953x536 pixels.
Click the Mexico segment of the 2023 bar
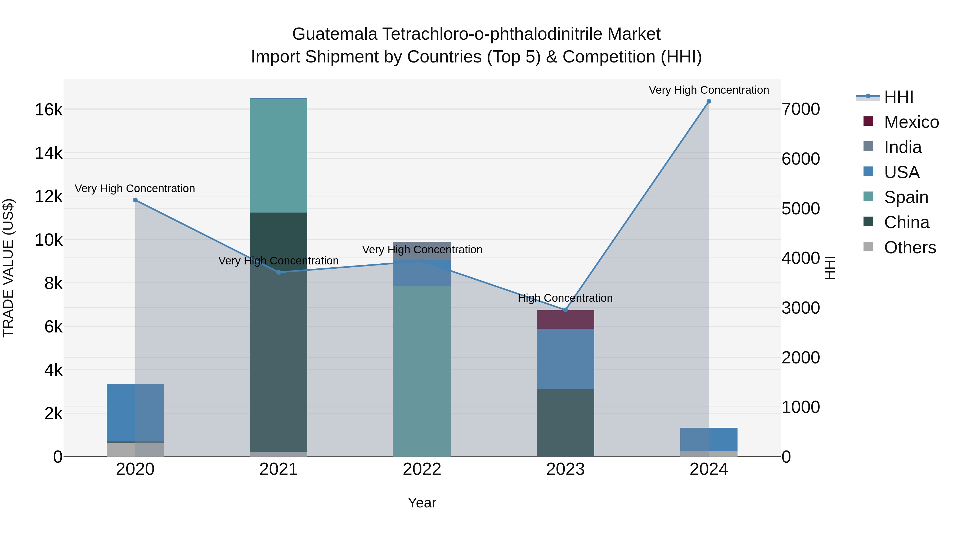coord(565,319)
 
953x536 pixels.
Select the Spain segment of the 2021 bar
coord(278,156)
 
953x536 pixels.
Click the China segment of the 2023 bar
coord(565,422)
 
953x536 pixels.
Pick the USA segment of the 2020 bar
coord(135,412)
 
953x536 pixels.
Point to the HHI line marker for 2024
coord(709,101)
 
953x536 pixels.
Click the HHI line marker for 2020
coord(135,200)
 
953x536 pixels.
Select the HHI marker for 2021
coord(278,272)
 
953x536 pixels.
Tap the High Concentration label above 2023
coord(565,298)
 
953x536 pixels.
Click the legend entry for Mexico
coord(911,122)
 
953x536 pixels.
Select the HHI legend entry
coord(899,97)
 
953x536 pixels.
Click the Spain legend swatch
coord(868,196)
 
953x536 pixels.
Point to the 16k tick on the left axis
coord(48,110)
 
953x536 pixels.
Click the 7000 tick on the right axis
coord(801,110)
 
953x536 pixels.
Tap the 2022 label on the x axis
coord(422,469)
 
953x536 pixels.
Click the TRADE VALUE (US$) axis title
coord(8,268)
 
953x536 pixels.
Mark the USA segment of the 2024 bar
coord(709,439)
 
